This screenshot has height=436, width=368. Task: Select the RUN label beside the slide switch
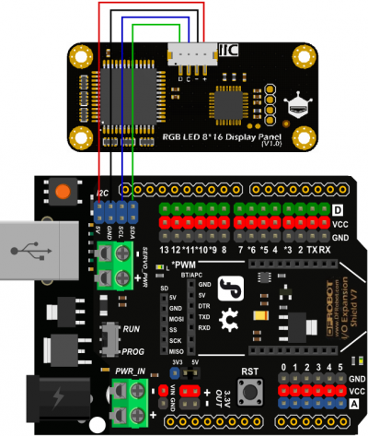[x=131, y=327]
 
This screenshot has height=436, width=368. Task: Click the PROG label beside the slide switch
[x=132, y=350]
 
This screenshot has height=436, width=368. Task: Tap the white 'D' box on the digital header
[x=337, y=210]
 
